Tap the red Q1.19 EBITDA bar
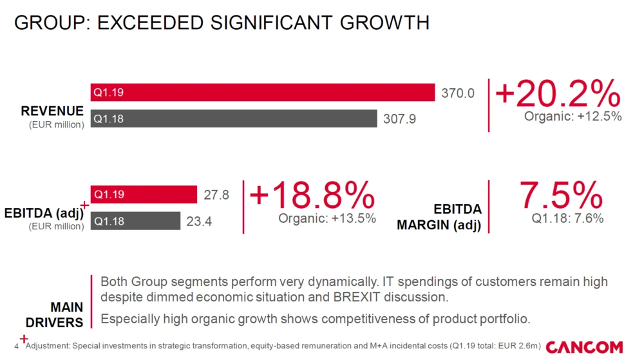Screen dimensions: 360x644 click(144, 194)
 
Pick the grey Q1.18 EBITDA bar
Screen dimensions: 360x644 click(135, 221)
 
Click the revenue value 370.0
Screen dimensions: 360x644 click(458, 93)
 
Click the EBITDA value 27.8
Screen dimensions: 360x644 click(216, 195)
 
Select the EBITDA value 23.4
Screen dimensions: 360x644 click(200, 222)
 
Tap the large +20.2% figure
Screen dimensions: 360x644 click(558, 95)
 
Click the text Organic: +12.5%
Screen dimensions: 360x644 click(573, 117)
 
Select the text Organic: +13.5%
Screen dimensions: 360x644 click(327, 218)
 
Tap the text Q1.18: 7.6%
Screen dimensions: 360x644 click(567, 218)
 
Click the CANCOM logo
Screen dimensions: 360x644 click(586, 347)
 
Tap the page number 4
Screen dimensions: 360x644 click(16, 346)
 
